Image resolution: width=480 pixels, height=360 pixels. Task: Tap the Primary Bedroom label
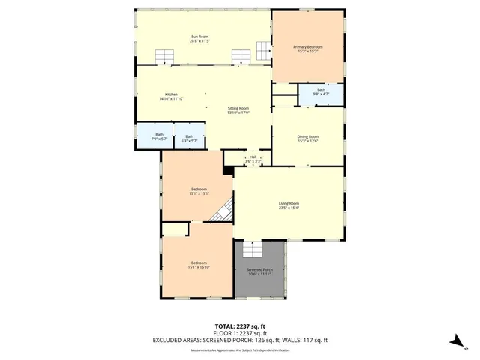point(307,49)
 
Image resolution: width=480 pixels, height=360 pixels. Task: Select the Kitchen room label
point(171,96)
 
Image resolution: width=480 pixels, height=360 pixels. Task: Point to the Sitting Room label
point(238,110)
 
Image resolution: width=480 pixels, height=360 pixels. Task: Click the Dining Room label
point(307,139)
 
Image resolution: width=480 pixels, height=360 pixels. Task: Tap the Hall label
point(253,159)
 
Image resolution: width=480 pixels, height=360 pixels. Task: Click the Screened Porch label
point(259,271)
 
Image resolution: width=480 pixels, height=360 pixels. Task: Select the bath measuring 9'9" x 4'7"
point(321,91)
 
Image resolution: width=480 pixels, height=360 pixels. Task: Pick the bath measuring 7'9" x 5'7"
point(159,136)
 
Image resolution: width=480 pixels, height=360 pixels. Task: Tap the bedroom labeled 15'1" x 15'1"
point(199,191)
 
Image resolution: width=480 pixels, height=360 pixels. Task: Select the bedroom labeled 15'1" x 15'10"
point(198,264)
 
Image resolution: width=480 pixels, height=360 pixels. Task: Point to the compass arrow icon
point(454,340)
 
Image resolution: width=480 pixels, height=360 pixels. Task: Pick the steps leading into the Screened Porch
point(253,247)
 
